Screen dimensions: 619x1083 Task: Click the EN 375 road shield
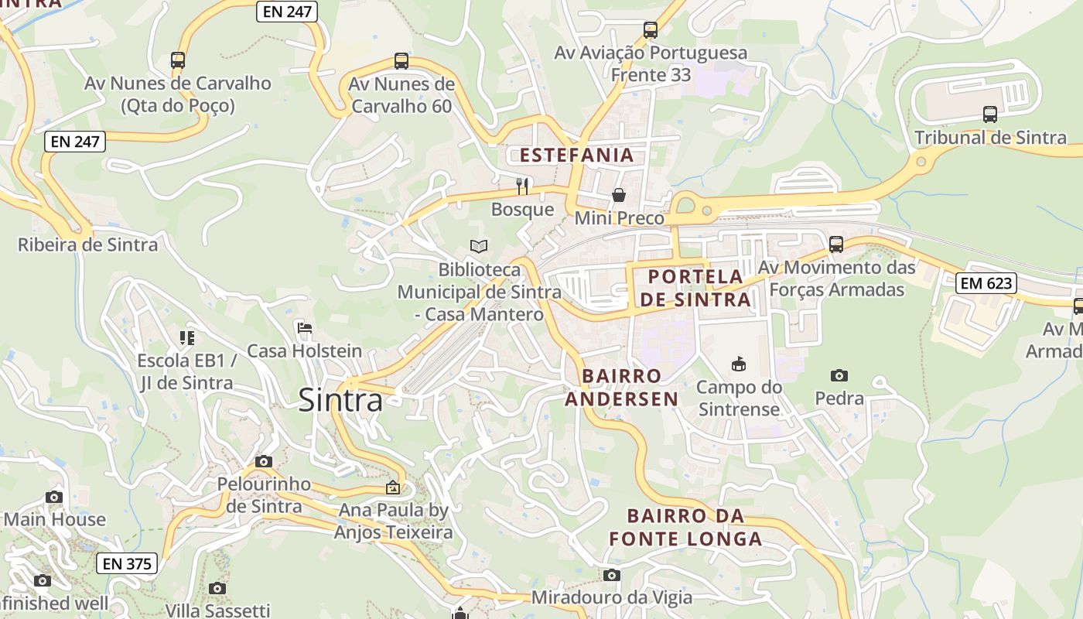click(x=127, y=563)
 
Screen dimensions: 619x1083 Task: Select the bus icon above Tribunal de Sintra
click(x=989, y=115)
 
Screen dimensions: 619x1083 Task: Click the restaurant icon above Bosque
click(x=523, y=186)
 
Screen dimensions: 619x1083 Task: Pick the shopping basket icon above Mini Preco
click(x=619, y=195)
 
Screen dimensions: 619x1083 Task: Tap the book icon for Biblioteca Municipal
click(x=479, y=246)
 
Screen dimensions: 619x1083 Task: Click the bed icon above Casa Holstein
click(x=305, y=328)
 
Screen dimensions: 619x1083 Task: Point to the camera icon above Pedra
click(x=839, y=376)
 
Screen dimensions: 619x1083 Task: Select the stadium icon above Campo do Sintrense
click(x=738, y=364)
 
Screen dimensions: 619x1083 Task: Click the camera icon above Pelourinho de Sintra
click(x=264, y=461)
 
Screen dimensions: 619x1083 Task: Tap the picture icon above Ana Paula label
click(x=393, y=487)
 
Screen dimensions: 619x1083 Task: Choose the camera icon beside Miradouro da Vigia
click(x=612, y=575)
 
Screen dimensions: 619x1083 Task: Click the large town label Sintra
click(x=340, y=400)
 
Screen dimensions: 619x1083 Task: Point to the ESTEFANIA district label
click(x=576, y=155)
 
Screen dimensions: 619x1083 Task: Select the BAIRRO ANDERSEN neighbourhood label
click(x=622, y=387)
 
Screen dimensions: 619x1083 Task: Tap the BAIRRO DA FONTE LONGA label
click(x=685, y=527)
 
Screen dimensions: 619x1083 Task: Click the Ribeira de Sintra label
click(x=87, y=245)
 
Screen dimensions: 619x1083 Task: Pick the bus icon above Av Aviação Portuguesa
click(x=651, y=30)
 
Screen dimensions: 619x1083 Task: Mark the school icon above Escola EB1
click(x=186, y=337)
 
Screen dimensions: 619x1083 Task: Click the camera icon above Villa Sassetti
click(x=217, y=588)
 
